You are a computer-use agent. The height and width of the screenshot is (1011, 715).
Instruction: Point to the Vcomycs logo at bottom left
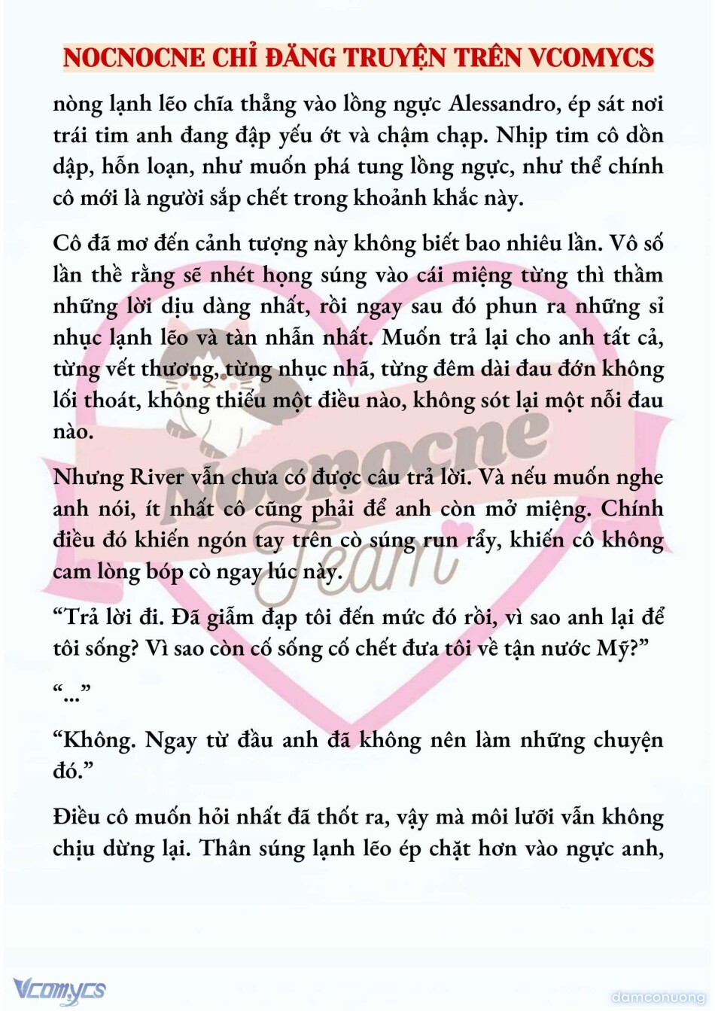[59, 989]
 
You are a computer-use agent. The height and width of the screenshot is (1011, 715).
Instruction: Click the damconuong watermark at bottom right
[658, 997]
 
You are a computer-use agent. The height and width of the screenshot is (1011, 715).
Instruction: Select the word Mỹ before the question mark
[611, 648]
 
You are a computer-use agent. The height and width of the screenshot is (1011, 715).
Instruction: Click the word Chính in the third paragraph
[631, 509]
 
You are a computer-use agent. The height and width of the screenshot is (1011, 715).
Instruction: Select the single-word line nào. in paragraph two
[73, 432]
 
